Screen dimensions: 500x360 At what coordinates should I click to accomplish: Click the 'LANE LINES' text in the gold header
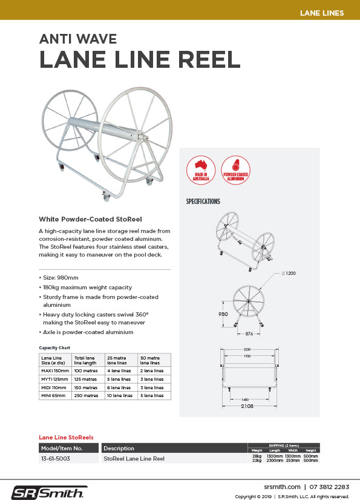[322, 13]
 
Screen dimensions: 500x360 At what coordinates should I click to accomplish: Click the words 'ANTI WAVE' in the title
[77, 40]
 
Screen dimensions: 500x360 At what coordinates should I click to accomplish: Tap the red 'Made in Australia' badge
[201, 169]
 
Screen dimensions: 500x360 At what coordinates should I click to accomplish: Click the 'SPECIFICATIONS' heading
[203, 202]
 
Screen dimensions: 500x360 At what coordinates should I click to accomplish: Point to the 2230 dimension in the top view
[248, 349]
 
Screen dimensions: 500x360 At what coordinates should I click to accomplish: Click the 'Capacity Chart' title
[55, 347]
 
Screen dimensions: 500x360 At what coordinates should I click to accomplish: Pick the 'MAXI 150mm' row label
[55, 370]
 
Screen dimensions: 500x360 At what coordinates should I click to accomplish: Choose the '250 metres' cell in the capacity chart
[85, 395]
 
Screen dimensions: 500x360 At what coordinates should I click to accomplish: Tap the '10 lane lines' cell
[118, 395]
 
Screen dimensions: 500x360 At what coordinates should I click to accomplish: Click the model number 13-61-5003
[55, 459]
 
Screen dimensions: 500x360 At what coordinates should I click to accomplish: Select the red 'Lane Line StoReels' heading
[66, 436]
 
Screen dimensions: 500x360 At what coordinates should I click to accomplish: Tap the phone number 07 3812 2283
[329, 486]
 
